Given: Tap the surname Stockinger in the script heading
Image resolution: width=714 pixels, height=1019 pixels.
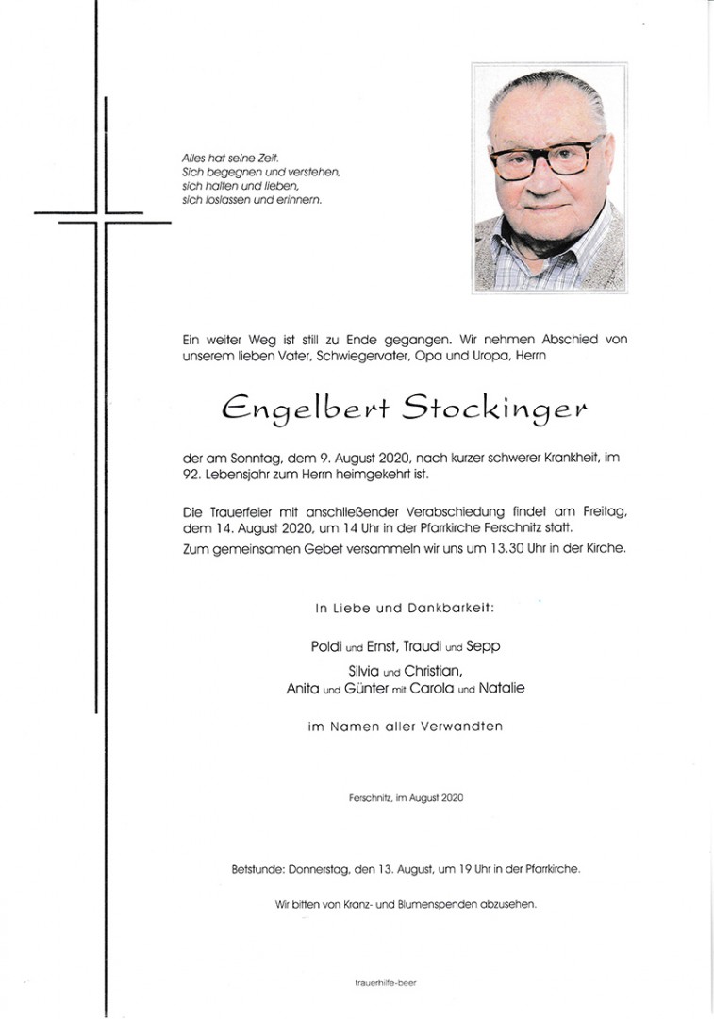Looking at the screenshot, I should pyautogui.click(x=494, y=409).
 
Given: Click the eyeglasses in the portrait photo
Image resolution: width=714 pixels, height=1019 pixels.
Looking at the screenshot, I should pyautogui.click(x=547, y=159).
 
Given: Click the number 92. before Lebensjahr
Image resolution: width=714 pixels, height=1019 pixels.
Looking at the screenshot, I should pyautogui.click(x=193, y=475).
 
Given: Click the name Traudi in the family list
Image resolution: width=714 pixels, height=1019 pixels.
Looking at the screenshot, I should pyautogui.click(x=422, y=647).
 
